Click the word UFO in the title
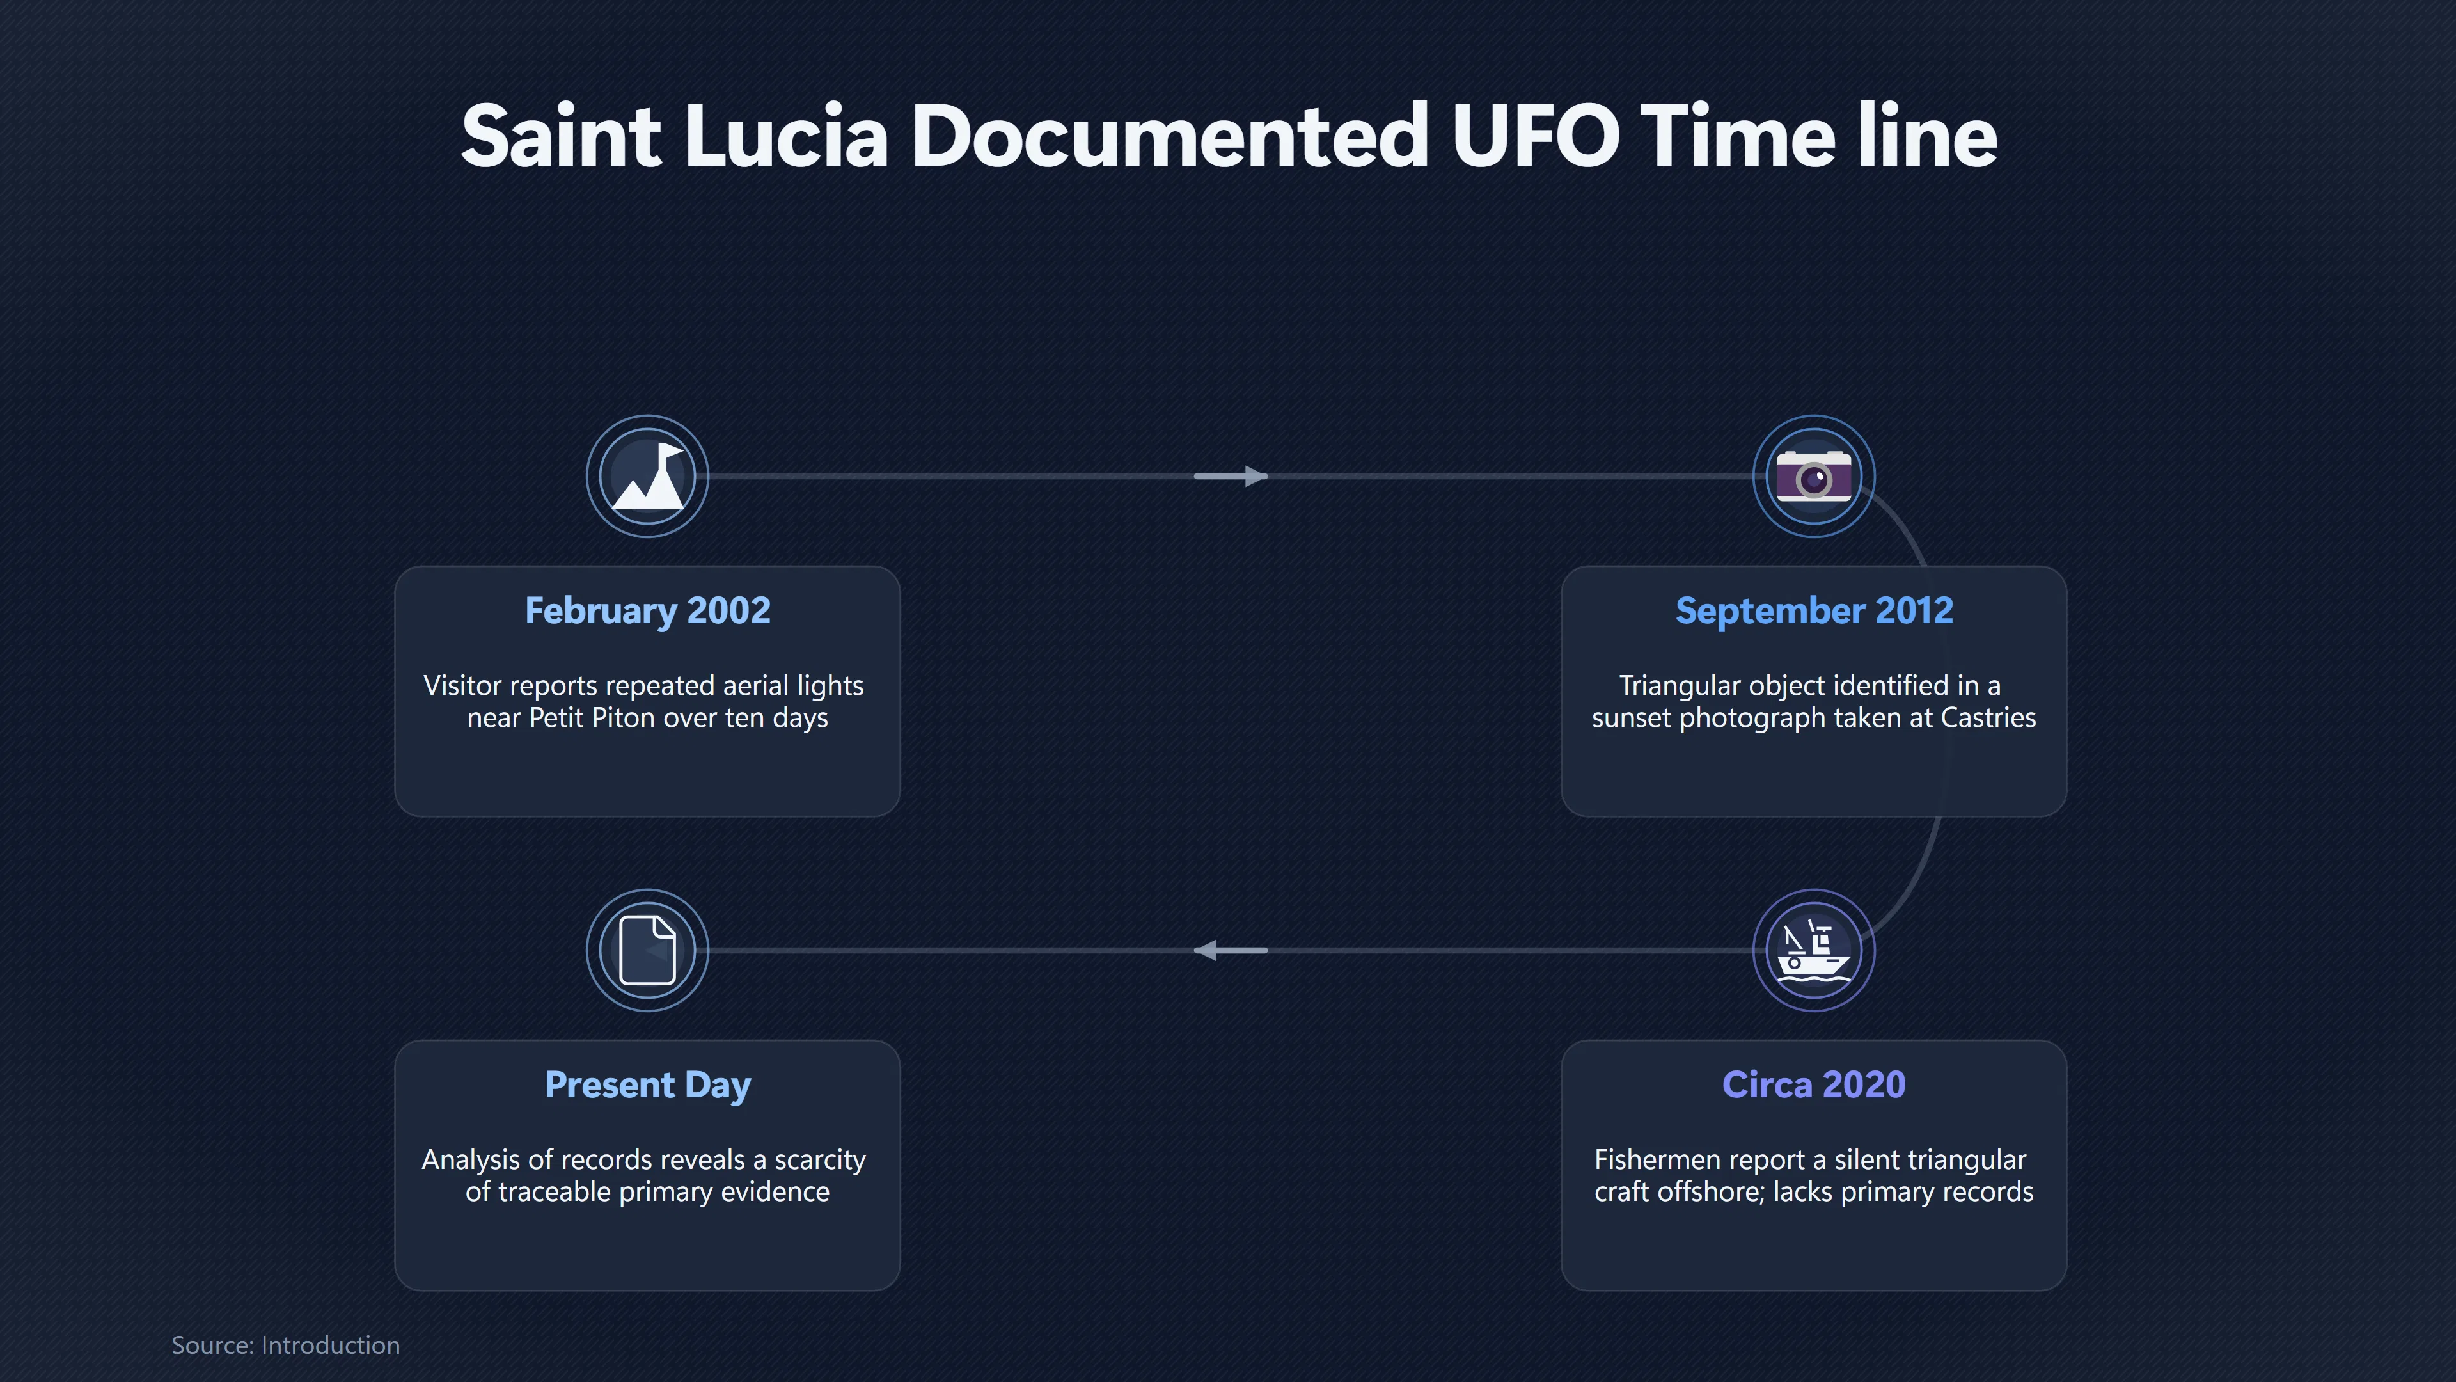1535,136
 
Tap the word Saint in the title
561,136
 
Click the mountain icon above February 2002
647,476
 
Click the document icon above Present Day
647,950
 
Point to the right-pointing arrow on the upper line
1231,476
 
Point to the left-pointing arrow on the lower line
1231,950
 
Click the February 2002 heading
647,610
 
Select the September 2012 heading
1814,610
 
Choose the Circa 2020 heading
1814,1084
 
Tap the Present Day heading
647,1085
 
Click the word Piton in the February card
624,717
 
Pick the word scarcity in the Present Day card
820,1161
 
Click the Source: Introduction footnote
285,1345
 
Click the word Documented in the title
1170,136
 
